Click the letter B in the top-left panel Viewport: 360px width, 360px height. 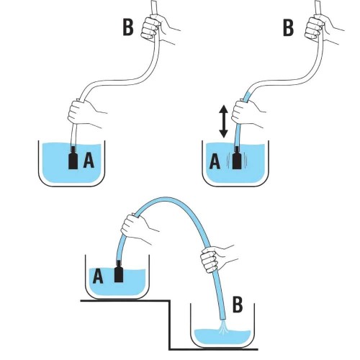click(128, 27)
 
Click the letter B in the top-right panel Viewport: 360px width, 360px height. click(288, 28)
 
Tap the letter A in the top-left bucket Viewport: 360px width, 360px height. click(89, 160)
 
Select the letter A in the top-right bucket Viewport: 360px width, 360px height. click(215, 161)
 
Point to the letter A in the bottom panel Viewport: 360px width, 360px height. click(98, 276)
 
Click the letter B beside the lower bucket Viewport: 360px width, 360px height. click(238, 305)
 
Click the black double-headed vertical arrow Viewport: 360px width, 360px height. click(223, 121)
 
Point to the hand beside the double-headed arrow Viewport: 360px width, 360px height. click(246, 112)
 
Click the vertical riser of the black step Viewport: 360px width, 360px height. click(170, 325)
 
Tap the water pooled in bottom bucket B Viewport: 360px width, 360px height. click(222, 337)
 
